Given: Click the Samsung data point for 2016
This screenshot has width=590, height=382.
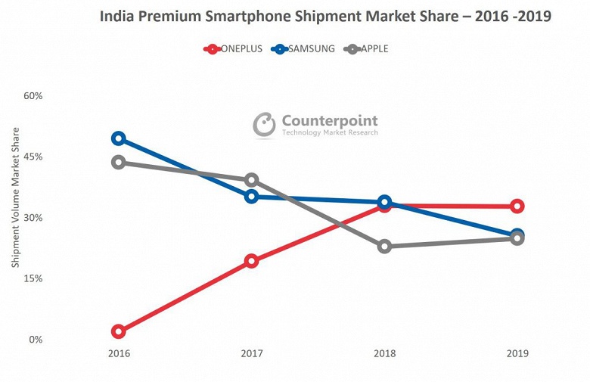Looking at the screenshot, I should tap(118, 138).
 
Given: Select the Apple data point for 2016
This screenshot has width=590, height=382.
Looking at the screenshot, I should tap(118, 162).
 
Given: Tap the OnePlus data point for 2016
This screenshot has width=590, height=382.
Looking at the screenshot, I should tap(118, 331).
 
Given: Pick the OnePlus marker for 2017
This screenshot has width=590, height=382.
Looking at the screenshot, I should tap(252, 261).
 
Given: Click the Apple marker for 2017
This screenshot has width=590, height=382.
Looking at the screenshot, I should tap(252, 180).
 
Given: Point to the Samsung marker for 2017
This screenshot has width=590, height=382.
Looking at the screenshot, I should tap(252, 197).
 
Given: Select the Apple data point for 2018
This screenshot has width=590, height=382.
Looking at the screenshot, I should tap(384, 246).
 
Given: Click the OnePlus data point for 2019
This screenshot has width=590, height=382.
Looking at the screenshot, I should tap(517, 206).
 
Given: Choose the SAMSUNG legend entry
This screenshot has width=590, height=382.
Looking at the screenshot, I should tap(303, 49).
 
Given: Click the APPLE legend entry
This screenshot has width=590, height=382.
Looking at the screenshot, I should tap(366, 49).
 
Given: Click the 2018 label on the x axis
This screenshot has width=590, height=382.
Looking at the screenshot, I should tap(384, 353).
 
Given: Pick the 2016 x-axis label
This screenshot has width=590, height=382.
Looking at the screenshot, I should tap(119, 353).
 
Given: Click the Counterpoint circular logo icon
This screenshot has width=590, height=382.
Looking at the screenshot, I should tap(264, 125).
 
